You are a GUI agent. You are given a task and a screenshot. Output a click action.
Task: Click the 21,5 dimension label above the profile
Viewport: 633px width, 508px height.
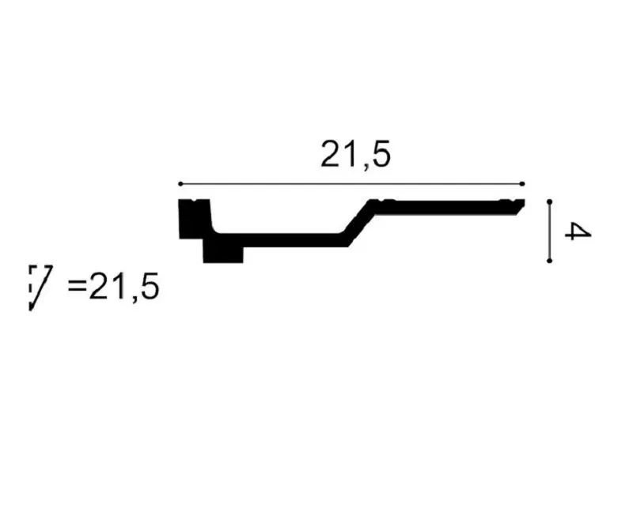pyautogui.click(x=355, y=155)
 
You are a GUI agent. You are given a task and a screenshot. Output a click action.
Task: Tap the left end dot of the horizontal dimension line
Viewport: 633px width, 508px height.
pyautogui.click(x=180, y=184)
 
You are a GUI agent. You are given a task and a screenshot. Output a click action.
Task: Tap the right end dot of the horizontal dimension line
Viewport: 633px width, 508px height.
pyautogui.click(x=522, y=184)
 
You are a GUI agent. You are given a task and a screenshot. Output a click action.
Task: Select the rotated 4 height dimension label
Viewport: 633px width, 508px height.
pyautogui.click(x=578, y=231)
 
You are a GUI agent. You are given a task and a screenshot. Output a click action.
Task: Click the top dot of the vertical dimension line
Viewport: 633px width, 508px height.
pyautogui.click(x=549, y=201)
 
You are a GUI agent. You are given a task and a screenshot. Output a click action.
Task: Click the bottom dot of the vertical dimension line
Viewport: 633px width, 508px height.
pyautogui.click(x=549, y=261)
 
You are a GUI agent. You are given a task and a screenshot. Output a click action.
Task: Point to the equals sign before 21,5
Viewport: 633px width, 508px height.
pyautogui.click(x=77, y=286)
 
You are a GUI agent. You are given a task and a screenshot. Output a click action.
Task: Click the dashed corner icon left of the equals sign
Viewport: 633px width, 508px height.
pyautogui.click(x=40, y=288)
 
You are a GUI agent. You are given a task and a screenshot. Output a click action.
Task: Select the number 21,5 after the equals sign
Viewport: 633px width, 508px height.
pyautogui.click(x=124, y=286)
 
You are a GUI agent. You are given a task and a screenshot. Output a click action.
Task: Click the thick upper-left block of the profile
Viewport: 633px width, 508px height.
pyautogui.click(x=195, y=219)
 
